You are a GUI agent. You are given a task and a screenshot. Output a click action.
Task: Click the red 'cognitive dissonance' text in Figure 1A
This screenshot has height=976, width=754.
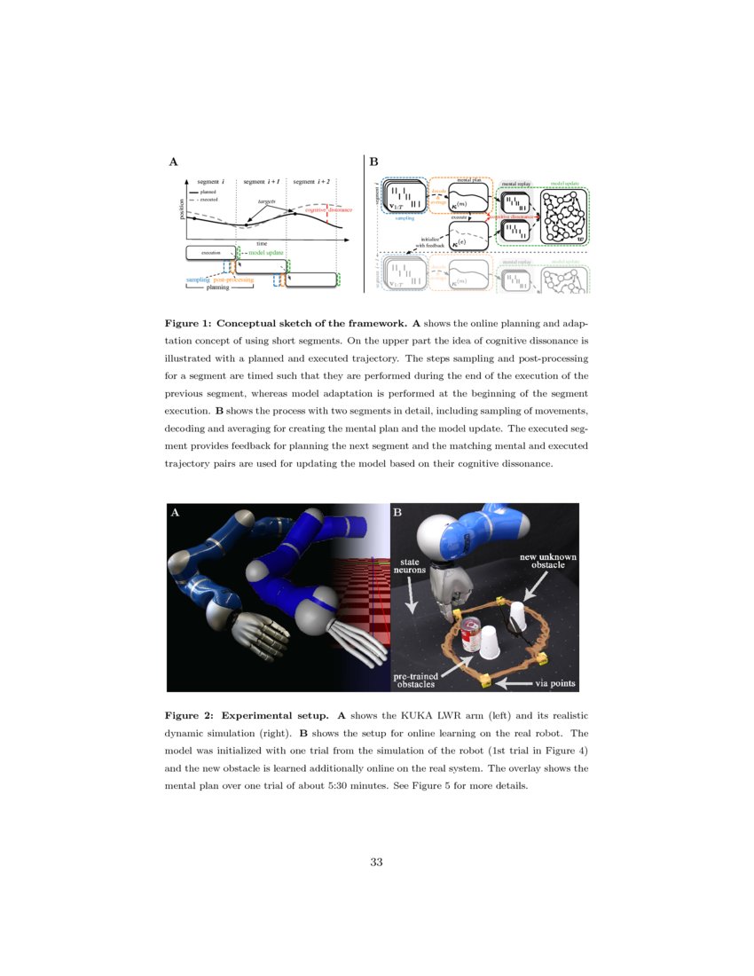328,210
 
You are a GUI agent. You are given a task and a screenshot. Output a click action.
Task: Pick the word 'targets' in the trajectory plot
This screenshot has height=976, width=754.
266,202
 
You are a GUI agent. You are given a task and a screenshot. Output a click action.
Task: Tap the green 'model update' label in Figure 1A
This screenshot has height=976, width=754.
266,253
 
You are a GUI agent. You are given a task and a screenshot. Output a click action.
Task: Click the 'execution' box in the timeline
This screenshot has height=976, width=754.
210,253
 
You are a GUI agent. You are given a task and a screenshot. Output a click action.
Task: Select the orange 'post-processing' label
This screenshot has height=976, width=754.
233,279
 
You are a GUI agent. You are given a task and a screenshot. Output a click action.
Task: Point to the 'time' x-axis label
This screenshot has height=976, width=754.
262,242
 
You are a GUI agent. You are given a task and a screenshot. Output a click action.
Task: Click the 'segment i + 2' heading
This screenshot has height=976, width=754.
311,181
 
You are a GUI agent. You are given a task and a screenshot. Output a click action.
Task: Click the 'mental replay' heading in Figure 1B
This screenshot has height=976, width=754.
516,184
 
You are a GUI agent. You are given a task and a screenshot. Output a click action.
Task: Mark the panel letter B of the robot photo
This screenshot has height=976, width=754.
398,513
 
